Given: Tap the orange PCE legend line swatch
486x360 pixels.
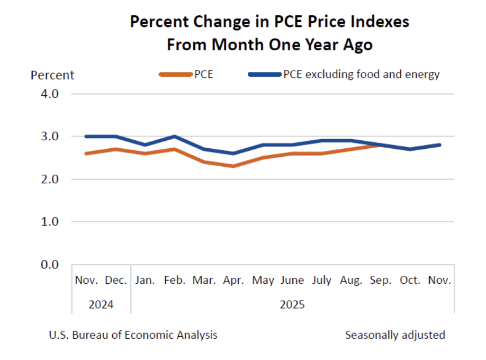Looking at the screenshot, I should coord(175,75).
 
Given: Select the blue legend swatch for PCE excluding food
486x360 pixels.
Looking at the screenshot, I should coord(264,75).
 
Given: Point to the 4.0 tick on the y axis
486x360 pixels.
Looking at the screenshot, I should coord(53,94).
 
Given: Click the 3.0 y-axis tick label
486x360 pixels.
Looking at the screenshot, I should coord(53,137).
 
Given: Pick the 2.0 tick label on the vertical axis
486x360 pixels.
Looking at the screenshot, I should coord(53,179).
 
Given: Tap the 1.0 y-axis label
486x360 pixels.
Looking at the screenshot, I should coord(53,222).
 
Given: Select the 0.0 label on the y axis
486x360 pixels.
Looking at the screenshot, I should coord(53,265).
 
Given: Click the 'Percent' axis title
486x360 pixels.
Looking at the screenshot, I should coord(52,75).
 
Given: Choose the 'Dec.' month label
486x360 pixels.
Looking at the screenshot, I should coord(116,281).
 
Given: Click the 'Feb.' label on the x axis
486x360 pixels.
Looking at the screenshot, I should coord(175,281).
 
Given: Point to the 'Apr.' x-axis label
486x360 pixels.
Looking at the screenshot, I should coord(233,281).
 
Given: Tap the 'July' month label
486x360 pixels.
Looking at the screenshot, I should coord(322,281).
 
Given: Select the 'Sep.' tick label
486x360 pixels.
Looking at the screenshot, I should coord(381,281).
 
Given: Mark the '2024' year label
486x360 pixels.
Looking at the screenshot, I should coord(101,305).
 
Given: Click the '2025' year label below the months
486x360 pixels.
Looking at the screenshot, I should coord(292,305).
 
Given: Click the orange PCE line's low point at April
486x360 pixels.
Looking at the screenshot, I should coord(233,166).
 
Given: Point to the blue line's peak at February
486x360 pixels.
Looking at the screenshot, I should coord(175,137).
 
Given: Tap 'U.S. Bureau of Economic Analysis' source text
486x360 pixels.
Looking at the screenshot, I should coord(133,335).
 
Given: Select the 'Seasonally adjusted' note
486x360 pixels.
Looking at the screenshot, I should coord(395,335).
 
